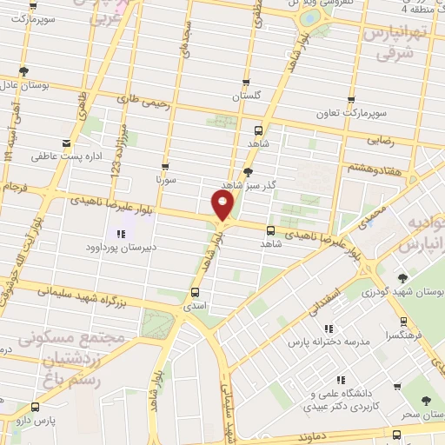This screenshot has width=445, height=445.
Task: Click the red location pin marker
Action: pos(222,205)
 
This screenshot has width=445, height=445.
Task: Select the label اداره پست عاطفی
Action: pos(67,156)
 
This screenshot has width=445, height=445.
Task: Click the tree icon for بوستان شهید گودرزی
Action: pos(402,278)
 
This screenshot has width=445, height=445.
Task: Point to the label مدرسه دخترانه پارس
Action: pos(333,342)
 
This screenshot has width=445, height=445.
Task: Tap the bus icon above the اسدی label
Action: pos(194,292)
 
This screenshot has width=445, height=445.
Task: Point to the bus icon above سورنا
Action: pos(165,166)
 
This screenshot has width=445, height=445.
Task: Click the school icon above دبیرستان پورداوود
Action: pos(120,233)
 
